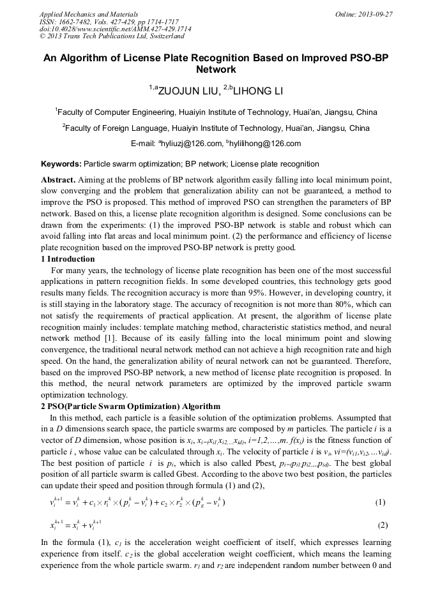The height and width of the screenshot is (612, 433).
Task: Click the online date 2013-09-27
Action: tap(374, 14)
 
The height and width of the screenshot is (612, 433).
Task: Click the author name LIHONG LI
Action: tap(257, 91)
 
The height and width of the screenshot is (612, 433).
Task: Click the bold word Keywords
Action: tap(61, 164)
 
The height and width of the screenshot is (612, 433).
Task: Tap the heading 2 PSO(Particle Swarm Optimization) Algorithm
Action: tap(130, 407)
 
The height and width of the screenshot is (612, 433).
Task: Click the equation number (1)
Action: tap(380, 502)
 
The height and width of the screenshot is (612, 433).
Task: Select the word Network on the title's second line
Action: tap(216, 70)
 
